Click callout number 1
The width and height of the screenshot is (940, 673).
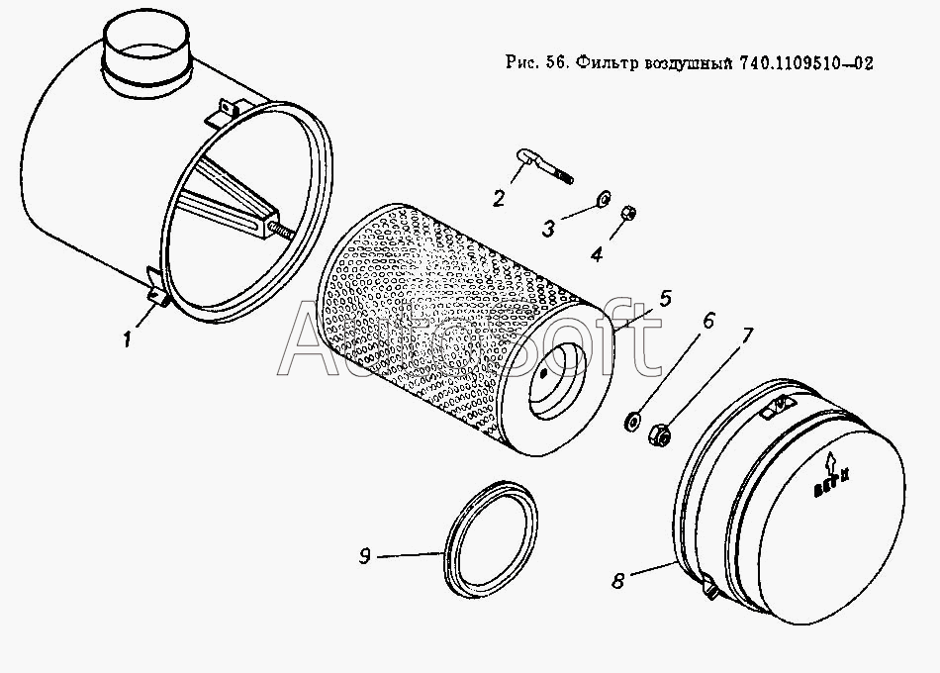(x=128, y=339)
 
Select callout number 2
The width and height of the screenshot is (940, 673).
(x=500, y=197)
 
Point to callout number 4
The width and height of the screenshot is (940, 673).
(x=597, y=253)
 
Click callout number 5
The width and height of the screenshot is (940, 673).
(x=665, y=296)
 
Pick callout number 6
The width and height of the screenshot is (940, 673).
(x=706, y=324)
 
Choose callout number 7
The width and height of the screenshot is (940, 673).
(x=746, y=336)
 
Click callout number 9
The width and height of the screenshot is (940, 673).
(x=365, y=558)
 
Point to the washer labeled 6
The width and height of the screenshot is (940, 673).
(x=629, y=423)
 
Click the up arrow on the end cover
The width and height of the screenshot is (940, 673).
(x=828, y=457)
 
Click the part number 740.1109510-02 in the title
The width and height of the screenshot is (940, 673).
(x=804, y=63)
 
